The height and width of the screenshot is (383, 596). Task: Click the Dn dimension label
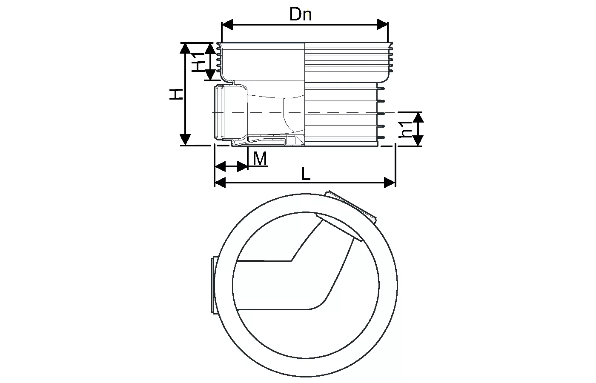301,15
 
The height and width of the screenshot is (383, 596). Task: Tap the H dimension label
176,94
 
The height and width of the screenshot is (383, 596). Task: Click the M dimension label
260,159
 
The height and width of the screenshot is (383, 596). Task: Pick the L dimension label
306,174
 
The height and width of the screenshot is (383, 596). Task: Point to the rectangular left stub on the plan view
214,285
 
